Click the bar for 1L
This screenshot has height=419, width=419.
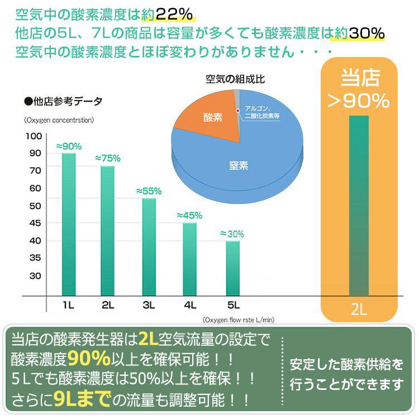point(69,223)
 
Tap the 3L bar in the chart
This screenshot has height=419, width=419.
point(149,246)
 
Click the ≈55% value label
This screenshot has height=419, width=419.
point(149,191)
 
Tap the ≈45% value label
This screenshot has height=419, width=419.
point(189,216)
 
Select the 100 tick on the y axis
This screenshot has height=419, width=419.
point(34,136)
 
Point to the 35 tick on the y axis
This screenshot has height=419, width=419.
point(34,258)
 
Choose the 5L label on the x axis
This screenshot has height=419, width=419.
point(232,305)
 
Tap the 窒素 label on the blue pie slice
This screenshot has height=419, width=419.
point(239,165)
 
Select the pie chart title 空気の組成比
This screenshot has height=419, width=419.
point(235,79)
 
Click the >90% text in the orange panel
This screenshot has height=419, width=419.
point(358,101)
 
